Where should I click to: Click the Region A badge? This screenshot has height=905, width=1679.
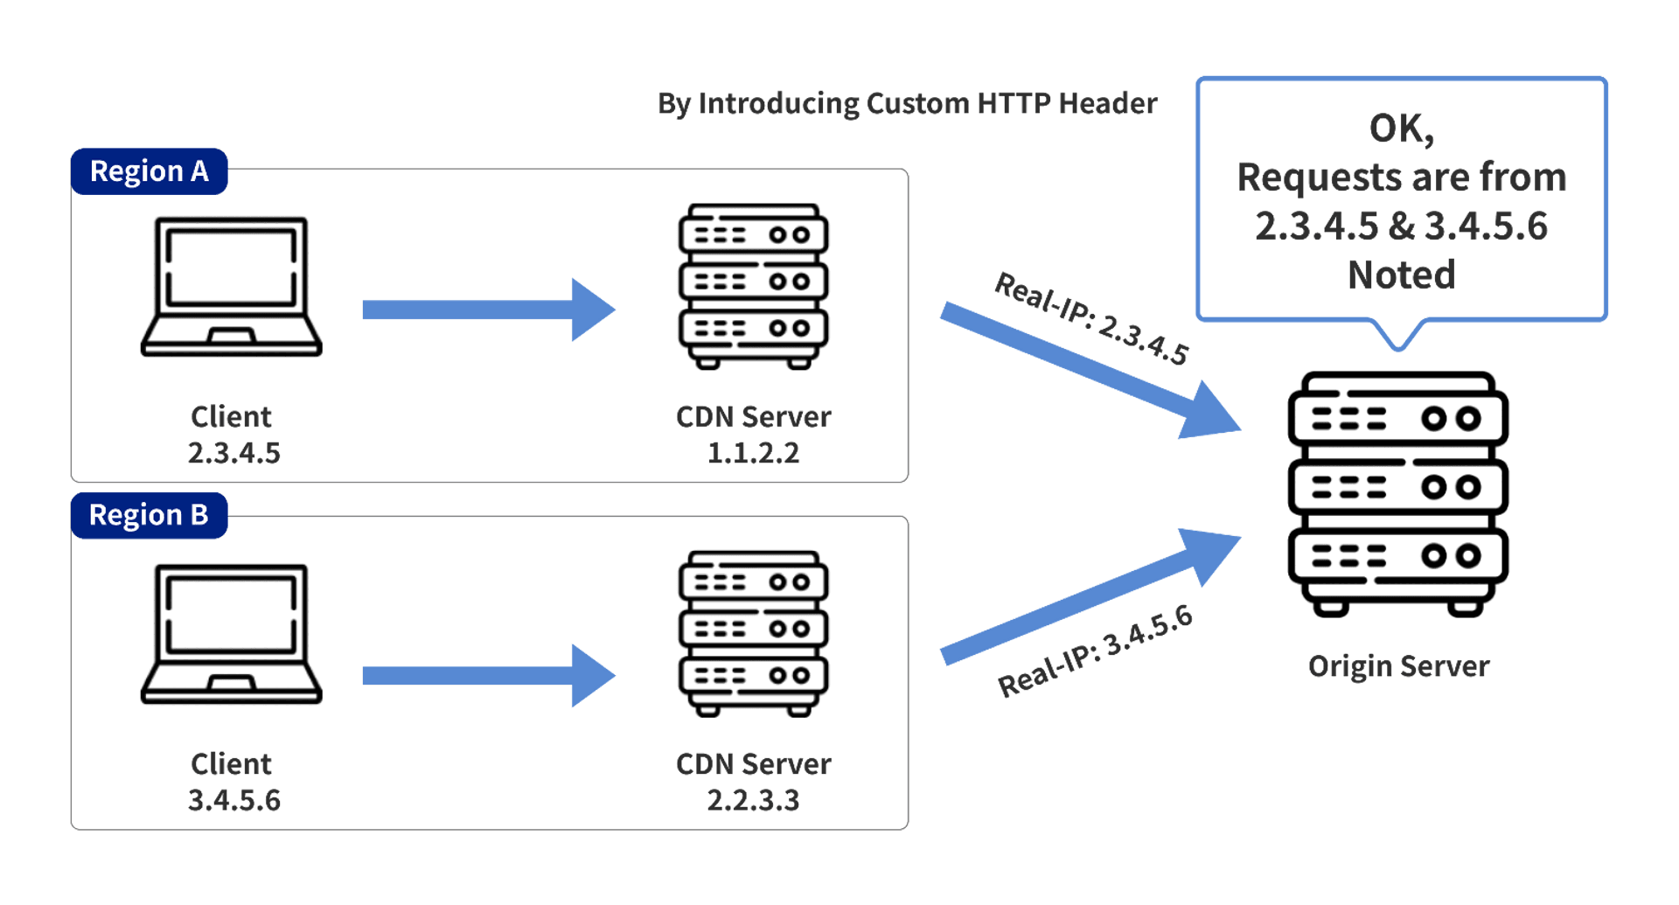(150, 171)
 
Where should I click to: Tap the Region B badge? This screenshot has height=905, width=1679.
(150, 515)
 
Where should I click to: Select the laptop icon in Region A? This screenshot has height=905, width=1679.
(232, 287)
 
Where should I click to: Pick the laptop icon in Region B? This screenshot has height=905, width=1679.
(232, 634)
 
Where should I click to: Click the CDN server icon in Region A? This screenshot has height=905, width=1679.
(754, 287)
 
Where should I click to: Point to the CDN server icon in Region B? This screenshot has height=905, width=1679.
(754, 634)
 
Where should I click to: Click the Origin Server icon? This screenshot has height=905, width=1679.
(1398, 494)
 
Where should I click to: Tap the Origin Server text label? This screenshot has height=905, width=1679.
(1398, 666)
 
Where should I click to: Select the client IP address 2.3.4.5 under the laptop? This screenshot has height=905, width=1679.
(234, 453)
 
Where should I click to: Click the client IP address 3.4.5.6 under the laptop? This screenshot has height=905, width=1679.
(234, 800)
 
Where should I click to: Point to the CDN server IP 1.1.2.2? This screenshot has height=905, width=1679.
(754, 453)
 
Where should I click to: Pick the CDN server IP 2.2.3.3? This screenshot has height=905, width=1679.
(754, 800)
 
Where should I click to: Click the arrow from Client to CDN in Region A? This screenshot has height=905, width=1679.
(489, 310)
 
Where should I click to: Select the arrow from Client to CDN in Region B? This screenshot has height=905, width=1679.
(489, 675)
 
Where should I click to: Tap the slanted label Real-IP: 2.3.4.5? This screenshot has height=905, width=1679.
(1092, 318)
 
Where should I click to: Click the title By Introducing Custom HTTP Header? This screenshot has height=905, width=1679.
(908, 104)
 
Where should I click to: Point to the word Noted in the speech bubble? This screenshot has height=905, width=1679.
(1402, 275)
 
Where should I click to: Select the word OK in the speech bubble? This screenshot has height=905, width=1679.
(1397, 129)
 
